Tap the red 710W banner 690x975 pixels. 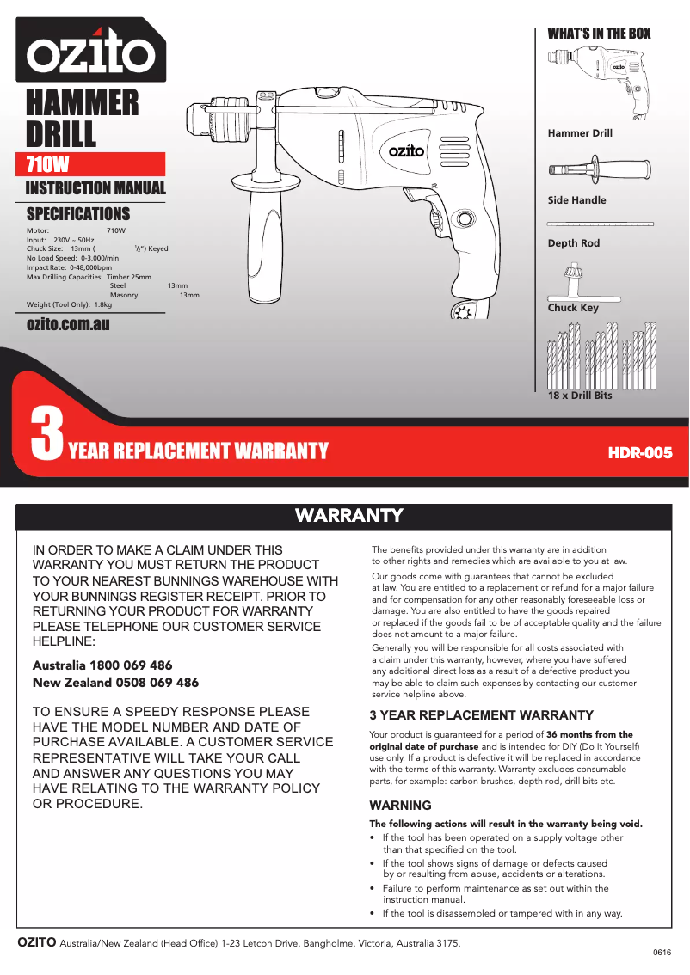tap(95, 164)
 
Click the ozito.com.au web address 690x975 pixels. tap(68, 324)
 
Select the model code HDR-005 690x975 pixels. tap(639, 452)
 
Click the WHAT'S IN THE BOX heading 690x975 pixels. tap(599, 34)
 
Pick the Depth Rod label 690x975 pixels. tap(573, 243)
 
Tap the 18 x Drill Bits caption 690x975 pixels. tap(580, 396)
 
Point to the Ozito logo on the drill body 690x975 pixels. tap(406, 150)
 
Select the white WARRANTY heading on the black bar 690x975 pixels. tap(348, 515)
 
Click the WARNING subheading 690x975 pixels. tap(400, 806)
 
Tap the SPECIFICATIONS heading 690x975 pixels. tap(78, 213)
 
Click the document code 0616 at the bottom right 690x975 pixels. tap(661, 953)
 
